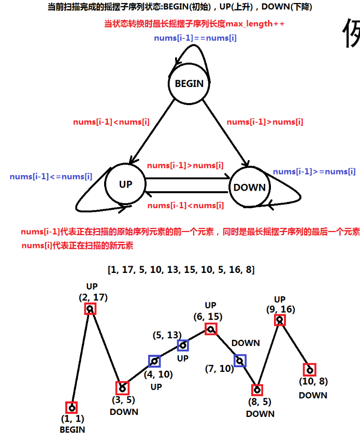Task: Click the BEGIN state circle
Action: click(190, 83)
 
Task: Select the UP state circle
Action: click(125, 184)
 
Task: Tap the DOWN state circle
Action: click(249, 187)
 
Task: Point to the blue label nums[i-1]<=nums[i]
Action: click(51, 177)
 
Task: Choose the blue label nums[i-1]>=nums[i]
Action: click(314, 171)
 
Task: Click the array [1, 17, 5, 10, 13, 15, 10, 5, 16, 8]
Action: click(181, 270)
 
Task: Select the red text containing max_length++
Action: click(195, 24)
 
